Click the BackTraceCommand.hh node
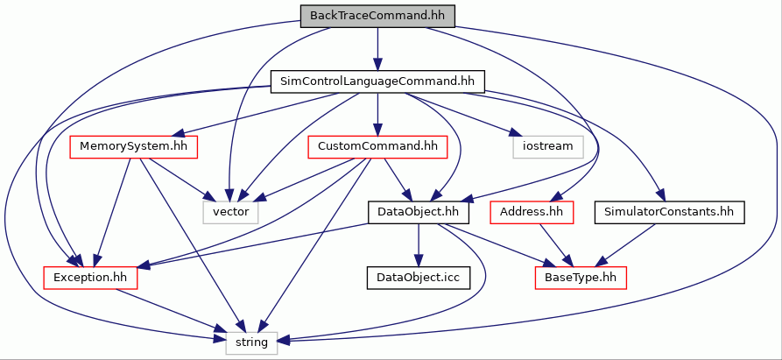pos(377,16)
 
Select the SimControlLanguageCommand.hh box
pos(377,81)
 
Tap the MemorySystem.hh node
pos(133,147)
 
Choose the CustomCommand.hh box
pos(377,147)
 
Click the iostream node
pos(548,147)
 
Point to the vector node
pos(231,213)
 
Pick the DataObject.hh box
pos(418,213)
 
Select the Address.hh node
pos(532,213)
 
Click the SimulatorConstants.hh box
pos(669,213)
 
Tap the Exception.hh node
pos(90,278)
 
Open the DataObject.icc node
pos(418,278)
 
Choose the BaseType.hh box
pos(581,278)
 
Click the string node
pos(251,343)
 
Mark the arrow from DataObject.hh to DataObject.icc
pos(418,245)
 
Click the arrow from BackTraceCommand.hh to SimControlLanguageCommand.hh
pos(377,49)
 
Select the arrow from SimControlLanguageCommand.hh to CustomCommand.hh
pos(377,114)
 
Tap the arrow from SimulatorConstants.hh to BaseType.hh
pos(627,245)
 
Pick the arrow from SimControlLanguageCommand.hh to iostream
pos(465,114)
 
